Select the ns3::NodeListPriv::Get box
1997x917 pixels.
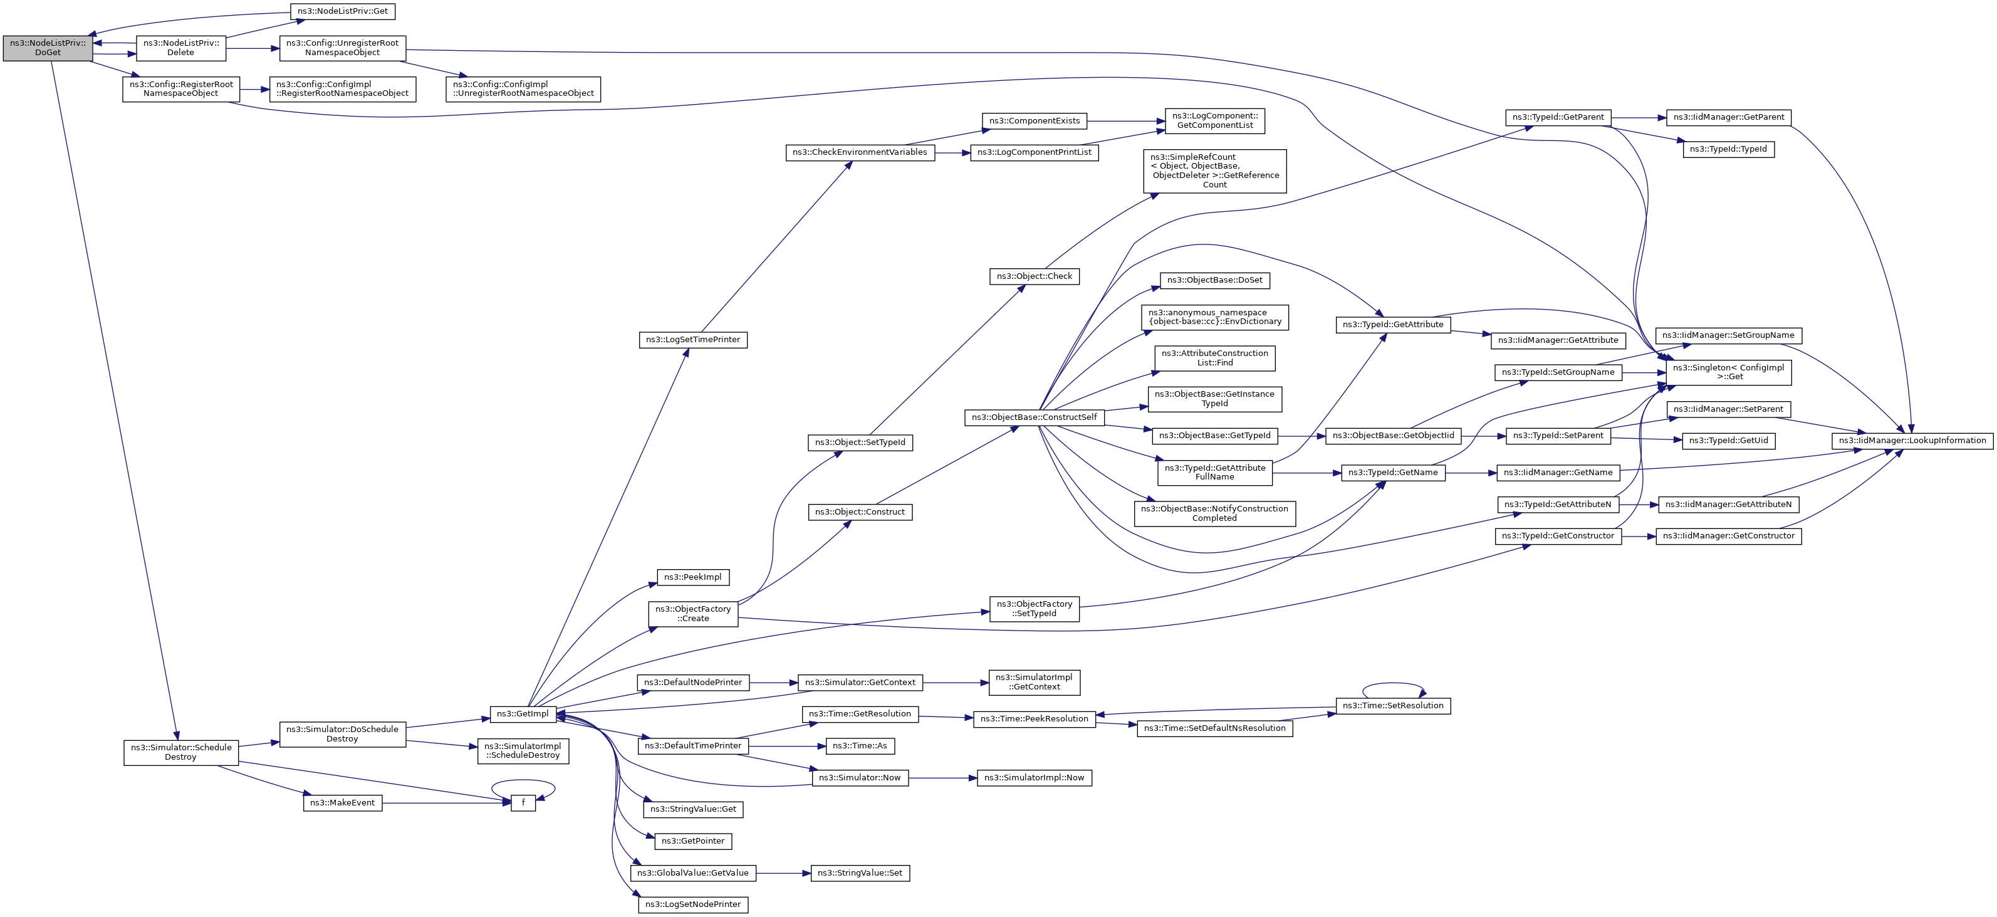pyautogui.click(x=343, y=12)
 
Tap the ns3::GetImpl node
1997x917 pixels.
pyautogui.click(x=523, y=714)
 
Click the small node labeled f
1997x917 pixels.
pyautogui.click(x=523, y=803)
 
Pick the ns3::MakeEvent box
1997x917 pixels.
pyautogui.click(x=342, y=803)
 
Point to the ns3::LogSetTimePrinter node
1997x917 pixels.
pyautogui.click(x=693, y=340)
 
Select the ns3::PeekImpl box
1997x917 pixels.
pyautogui.click(x=693, y=577)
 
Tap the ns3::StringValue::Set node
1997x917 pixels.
pyautogui.click(x=860, y=874)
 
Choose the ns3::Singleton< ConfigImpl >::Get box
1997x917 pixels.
pyautogui.click(x=1729, y=373)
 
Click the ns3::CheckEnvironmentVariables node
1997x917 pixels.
pyautogui.click(x=860, y=153)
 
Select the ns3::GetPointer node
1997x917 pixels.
pyautogui.click(x=693, y=842)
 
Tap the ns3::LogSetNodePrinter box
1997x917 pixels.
pyautogui.click(x=693, y=905)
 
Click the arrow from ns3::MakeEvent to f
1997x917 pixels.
pyautogui.click(x=446, y=803)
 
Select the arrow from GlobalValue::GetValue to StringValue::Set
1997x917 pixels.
pyautogui.click(x=783, y=874)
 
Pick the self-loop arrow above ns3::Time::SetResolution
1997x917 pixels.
pyautogui.click(x=1393, y=684)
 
